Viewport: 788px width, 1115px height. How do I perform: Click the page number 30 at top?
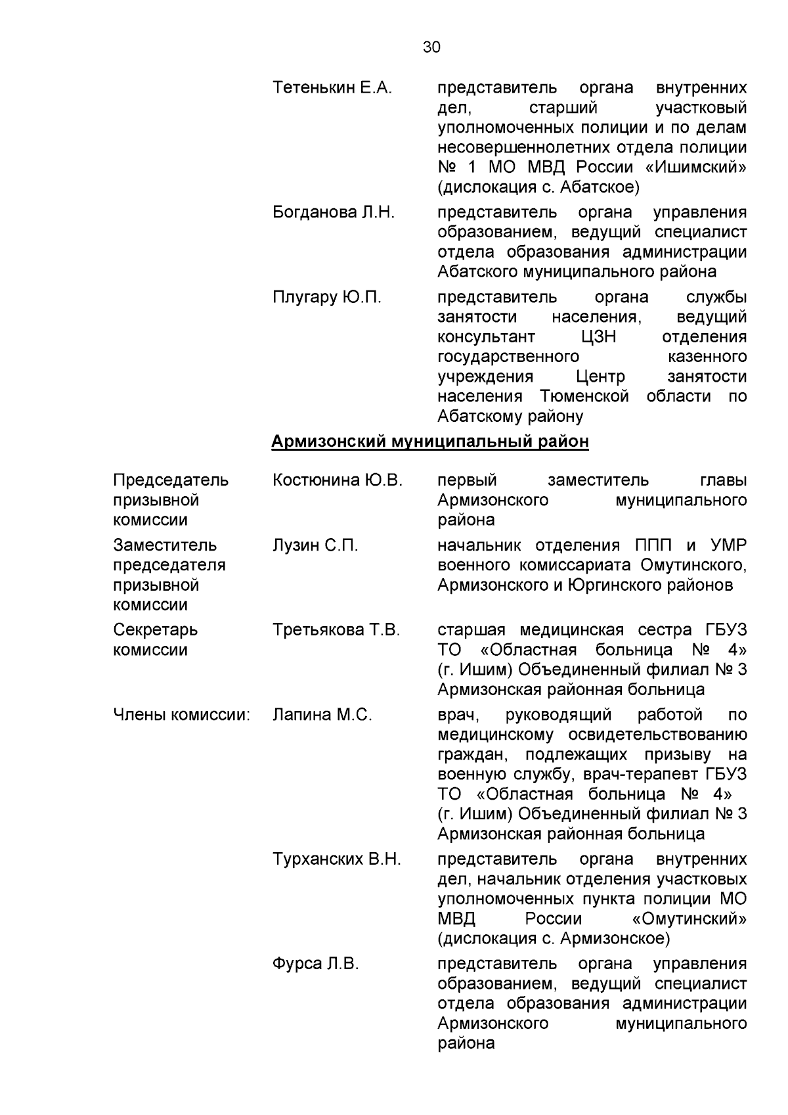tap(432, 47)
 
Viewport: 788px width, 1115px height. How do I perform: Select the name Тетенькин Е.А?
tap(332, 88)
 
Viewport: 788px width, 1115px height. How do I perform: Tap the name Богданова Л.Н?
tap(334, 213)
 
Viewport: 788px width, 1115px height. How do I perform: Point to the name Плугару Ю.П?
tap(326, 298)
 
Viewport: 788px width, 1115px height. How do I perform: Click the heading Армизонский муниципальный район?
tap(430, 442)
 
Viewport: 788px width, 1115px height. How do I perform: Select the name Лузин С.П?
tap(315, 546)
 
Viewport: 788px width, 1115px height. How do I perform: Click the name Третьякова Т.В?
tap(336, 631)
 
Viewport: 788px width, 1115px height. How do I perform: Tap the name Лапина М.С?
tap(322, 716)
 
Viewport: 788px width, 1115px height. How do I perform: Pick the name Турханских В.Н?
tap(336, 860)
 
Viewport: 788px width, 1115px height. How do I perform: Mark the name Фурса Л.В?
tap(316, 965)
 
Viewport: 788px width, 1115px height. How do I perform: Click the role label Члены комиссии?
tap(181, 716)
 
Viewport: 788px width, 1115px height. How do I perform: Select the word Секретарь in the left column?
tap(155, 631)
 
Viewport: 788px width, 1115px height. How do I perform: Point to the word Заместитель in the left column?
tap(165, 546)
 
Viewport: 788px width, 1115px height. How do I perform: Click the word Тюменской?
tap(584, 397)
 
